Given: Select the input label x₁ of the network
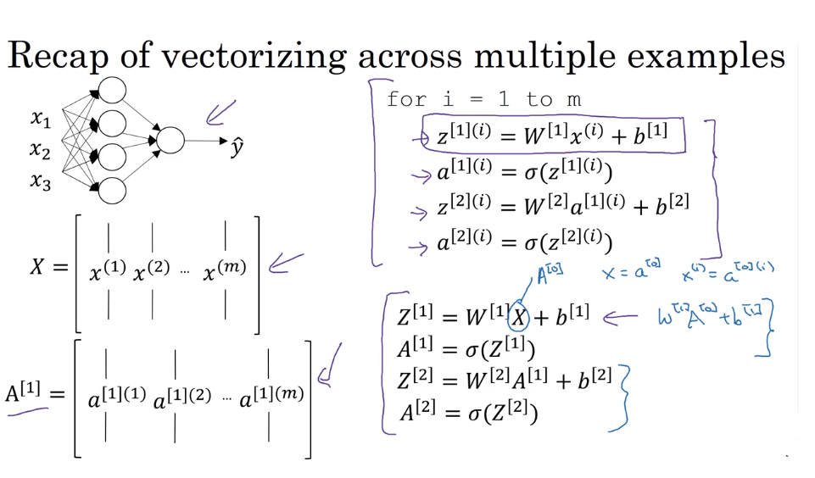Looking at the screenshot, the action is click(40, 119).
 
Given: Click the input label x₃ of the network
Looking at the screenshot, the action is click(40, 181).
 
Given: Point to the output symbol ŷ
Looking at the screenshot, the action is click(237, 146).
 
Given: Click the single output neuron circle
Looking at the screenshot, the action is click(170, 141).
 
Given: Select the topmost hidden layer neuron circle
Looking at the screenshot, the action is click(112, 90).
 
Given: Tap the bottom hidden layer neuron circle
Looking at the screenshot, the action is click(112, 191).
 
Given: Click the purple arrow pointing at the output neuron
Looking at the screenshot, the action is click(220, 113).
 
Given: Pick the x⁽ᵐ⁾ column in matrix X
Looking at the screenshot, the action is click(225, 270).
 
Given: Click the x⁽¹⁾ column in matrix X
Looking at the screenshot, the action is click(108, 271).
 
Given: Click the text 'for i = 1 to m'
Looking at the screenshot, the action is click(483, 99).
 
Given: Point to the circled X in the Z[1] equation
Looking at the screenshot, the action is click(519, 318).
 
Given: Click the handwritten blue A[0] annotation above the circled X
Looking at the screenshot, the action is click(549, 273).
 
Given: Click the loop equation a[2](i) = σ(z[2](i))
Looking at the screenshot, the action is click(524, 242).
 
